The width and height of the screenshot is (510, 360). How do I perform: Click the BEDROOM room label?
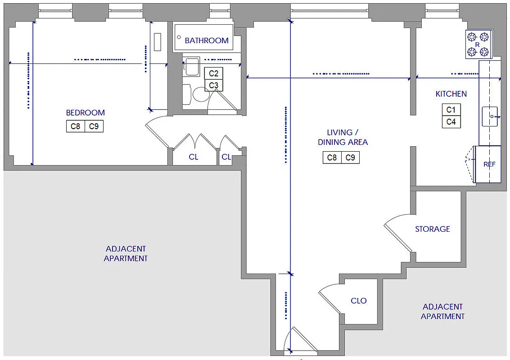point(85,112)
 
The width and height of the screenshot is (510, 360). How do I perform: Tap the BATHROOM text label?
point(207,40)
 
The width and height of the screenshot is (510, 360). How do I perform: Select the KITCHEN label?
point(451,94)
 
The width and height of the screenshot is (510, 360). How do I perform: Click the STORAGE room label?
point(432,229)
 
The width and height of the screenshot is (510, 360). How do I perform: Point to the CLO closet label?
point(359,301)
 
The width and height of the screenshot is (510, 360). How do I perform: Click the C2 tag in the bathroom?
point(214,74)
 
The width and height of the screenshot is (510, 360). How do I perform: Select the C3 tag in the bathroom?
point(214,85)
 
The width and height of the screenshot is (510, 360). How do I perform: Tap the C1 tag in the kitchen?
point(451,110)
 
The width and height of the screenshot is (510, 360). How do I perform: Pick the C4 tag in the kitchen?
point(451,122)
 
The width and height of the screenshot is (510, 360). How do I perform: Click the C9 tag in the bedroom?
point(94,126)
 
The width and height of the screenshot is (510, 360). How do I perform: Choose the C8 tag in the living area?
point(332,157)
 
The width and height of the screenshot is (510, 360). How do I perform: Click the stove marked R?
point(478,44)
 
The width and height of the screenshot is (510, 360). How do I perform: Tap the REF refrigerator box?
point(489,164)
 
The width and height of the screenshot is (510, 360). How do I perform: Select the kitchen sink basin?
point(490,116)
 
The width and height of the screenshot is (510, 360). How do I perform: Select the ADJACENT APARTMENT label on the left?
point(126,253)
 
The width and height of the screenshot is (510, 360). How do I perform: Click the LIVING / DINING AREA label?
point(343,137)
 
